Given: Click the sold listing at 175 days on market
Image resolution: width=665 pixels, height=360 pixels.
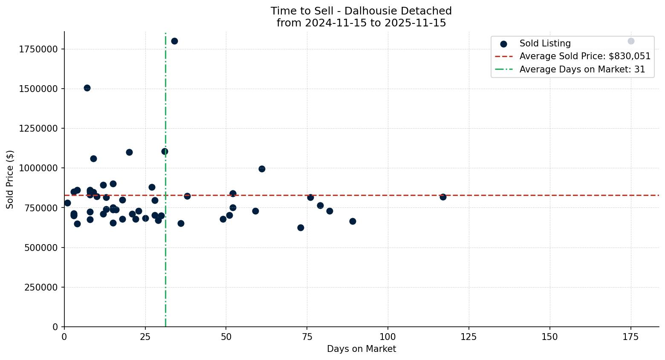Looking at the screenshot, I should point(630,41).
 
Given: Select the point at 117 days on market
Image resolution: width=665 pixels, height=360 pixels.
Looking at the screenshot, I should point(443,197).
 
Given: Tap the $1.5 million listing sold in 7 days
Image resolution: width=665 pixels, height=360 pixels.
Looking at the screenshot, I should point(87,88).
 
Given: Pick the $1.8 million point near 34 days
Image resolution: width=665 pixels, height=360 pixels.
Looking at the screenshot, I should point(174,41).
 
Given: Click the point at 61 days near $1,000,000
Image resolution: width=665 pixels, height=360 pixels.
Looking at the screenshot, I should point(262,169).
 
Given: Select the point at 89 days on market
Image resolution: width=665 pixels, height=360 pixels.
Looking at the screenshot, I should point(353,221).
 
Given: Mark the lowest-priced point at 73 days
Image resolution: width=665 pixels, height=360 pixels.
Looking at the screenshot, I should point(301,228).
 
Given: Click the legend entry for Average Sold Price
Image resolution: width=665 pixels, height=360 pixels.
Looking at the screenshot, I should point(584,57).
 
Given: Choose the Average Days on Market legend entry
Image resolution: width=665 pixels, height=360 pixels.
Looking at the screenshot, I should point(582,69).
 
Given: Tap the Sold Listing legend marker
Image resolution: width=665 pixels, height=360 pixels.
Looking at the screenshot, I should point(503,44).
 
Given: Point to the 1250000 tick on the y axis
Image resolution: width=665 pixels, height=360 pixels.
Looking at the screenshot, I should point(38,128).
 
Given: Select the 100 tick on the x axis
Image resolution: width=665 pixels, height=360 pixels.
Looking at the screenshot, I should point(388,337).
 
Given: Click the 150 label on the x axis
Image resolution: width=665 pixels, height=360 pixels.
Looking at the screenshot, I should point(549,337).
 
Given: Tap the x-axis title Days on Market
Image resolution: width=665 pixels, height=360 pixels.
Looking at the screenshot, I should point(361,349).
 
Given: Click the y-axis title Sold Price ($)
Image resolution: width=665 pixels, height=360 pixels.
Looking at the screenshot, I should point(10,179).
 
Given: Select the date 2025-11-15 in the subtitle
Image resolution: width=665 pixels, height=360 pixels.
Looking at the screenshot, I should point(414,23).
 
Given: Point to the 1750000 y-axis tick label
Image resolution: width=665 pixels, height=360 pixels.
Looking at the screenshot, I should point(38,49).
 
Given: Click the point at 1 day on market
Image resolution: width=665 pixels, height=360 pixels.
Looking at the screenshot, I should point(67,203).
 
